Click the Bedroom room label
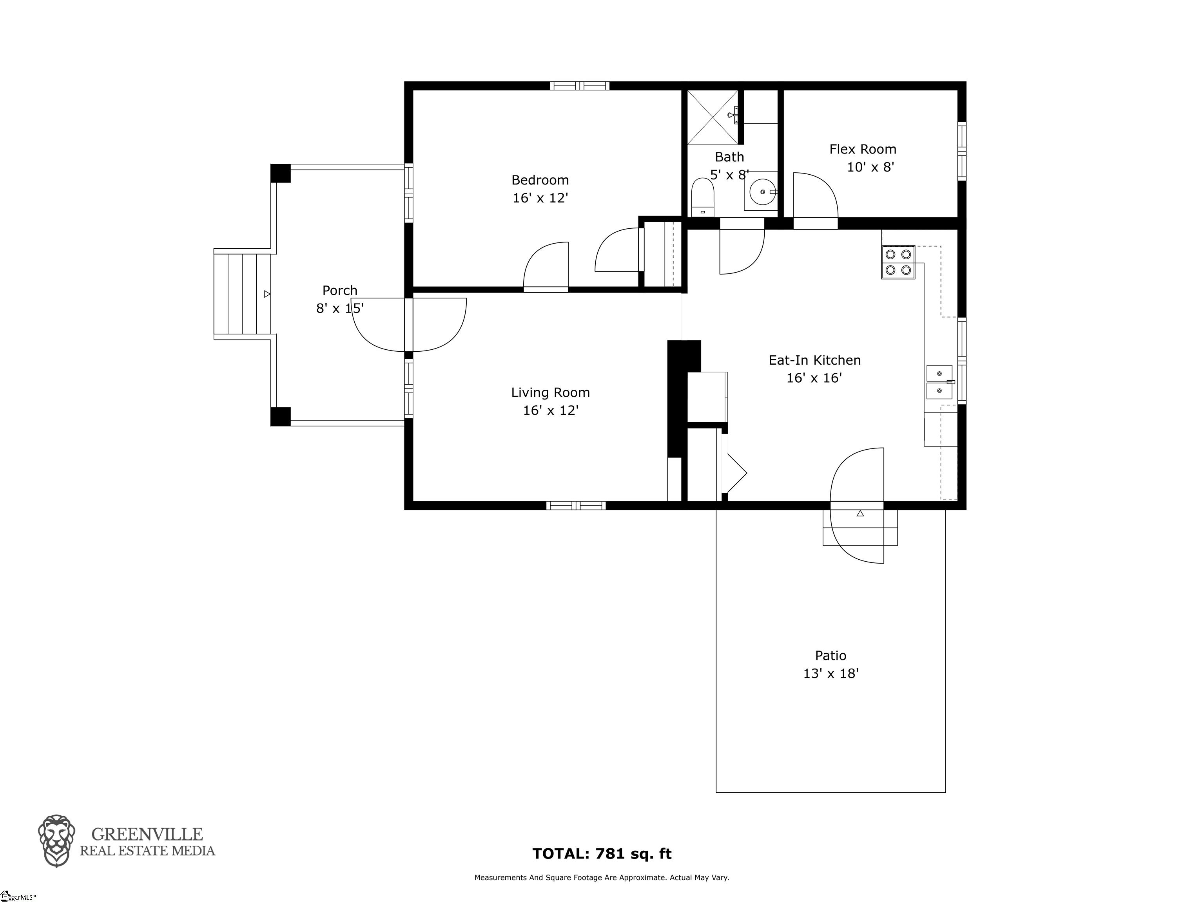pyautogui.click(x=540, y=180)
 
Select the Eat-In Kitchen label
pyautogui.click(x=815, y=360)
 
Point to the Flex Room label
pyautogui.click(x=863, y=149)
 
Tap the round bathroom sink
pyautogui.click(x=763, y=192)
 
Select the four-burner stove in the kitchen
pyautogui.click(x=898, y=262)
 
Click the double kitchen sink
pyautogui.click(x=940, y=382)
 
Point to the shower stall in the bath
pyautogui.click(x=713, y=117)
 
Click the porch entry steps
pyautogui.click(x=242, y=294)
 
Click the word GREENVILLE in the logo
pyautogui.click(x=147, y=834)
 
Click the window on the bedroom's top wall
pyautogui.click(x=579, y=85)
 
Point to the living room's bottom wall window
pyautogui.click(x=576, y=505)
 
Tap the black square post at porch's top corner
pyautogui.click(x=280, y=174)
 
